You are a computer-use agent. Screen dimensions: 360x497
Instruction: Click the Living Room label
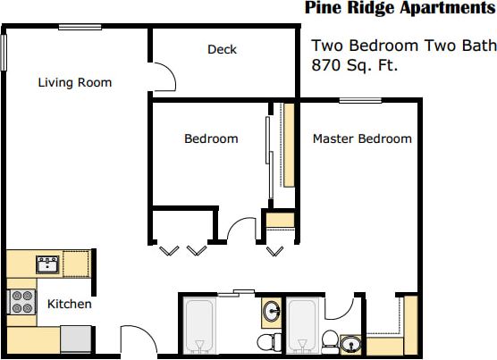75,83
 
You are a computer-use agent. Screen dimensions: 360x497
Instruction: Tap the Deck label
222,50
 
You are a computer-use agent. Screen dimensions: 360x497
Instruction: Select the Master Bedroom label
362,138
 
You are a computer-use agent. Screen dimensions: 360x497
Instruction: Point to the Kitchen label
70,304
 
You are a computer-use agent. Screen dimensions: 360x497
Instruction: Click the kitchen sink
47,264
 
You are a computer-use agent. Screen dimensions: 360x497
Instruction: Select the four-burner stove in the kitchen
20,301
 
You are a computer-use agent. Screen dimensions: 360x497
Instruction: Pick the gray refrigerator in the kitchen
75,339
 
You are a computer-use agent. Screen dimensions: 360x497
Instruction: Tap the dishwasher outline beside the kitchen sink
76,264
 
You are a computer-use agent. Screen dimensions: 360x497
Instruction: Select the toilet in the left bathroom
265,342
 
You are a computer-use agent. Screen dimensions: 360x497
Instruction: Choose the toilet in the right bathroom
329,340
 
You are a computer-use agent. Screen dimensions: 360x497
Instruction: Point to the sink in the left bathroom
271,311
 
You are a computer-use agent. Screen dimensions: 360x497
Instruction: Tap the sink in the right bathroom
350,344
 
